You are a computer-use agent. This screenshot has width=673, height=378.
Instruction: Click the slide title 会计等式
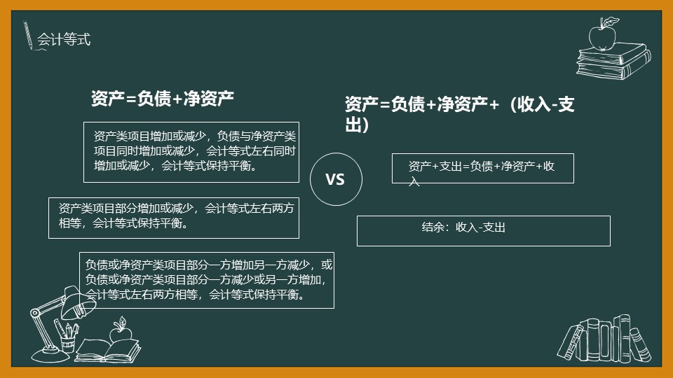click(x=64, y=39)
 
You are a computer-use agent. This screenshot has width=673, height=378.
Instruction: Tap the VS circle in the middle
click(x=336, y=154)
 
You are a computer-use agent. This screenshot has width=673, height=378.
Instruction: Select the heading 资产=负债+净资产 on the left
click(x=162, y=99)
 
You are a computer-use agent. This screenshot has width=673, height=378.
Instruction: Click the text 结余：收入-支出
click(x=463, y=227)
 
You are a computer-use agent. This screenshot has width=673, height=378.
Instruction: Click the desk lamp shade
click(x=79, y=302)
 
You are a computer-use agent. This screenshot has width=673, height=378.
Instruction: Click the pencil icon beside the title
click(x=28, y=35)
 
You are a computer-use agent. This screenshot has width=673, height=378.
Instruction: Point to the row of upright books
click(x=604, y=339)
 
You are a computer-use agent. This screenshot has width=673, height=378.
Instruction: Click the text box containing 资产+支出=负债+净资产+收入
click(x=483, y=168)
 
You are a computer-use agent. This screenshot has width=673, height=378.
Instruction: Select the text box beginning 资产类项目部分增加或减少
click(x=174, y=218)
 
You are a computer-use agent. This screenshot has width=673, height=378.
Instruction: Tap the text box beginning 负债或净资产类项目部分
click(x=206, y=280)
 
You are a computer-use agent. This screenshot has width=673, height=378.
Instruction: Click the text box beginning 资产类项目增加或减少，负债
click(x=191, y=152)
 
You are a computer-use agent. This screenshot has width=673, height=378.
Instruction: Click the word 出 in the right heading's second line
click(x=353, y=125)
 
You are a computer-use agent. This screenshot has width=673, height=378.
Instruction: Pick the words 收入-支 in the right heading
click(x=545, y=104)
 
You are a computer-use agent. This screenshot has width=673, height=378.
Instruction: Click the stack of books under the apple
click(x=613, y=61)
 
